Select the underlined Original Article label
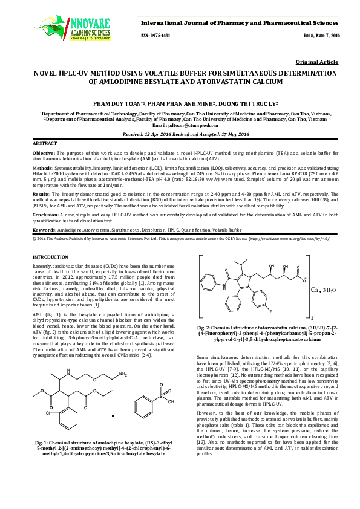(x=316, y=62)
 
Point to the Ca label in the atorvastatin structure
(x=315, y=288)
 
